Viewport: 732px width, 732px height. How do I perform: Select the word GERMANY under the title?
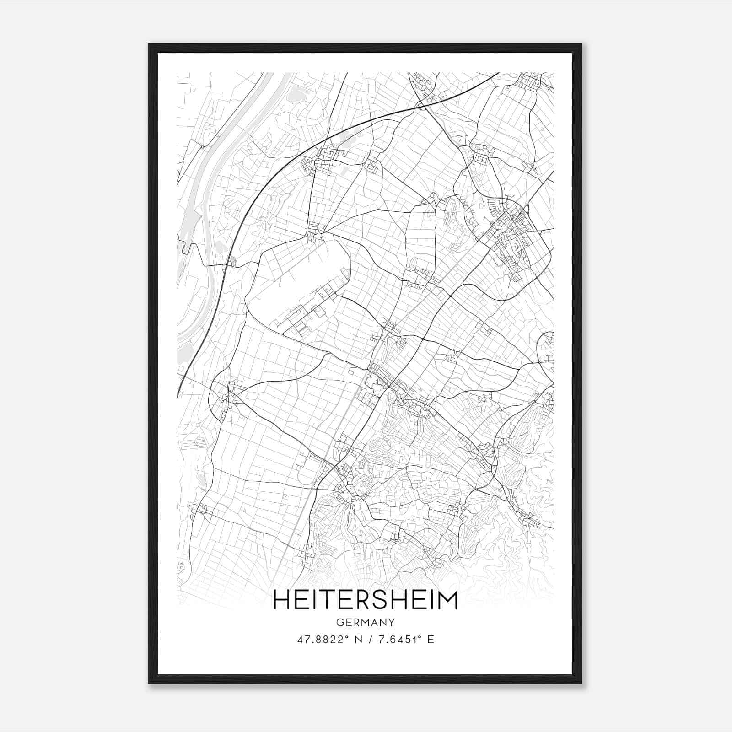(x=365, y=622)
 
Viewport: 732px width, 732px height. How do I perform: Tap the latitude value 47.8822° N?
(x=330, y=640)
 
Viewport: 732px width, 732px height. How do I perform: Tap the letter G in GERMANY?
(x=339, y=622)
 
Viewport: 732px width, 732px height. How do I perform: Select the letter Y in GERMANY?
(x=392, y=622)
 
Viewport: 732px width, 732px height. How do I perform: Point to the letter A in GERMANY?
(x=374, y=622)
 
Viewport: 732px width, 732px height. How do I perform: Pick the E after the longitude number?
(x=431, y=640)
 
